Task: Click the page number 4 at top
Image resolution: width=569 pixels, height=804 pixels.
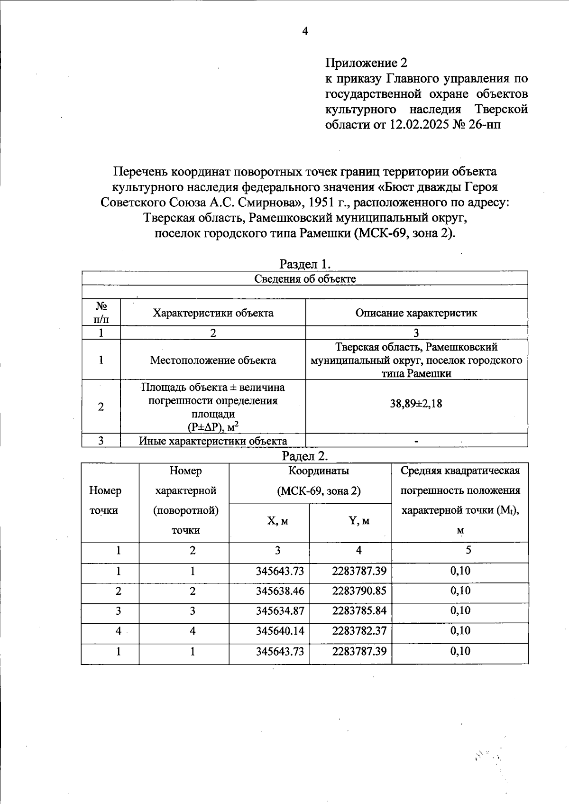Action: click(305, 31)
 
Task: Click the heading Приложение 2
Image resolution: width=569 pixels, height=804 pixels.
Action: click(366, 63)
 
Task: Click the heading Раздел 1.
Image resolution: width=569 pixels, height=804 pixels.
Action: click(304, 264)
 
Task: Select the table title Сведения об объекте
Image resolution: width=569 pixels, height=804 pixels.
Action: click(305, 278)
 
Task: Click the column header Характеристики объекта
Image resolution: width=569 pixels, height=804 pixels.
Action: click(213, 313)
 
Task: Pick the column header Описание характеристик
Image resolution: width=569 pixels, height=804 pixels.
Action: click(416, 313)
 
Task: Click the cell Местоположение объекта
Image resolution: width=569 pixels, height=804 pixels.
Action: click(213, 360)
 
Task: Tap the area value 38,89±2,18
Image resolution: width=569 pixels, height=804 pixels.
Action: click(416, 404)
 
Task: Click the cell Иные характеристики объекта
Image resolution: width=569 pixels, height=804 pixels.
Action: click(213, 441)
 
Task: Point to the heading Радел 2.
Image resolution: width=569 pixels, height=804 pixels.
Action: click(305, 456)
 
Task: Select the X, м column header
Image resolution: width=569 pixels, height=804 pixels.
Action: click(277, 521)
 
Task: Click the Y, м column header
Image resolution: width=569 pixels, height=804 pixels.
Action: click(359, 521)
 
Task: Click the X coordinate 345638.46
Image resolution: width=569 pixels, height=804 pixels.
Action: click(280, 591)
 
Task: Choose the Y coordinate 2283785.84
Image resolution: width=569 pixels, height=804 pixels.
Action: click(359, 611)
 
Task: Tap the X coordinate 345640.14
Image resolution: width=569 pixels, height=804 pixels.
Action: click(280, 631)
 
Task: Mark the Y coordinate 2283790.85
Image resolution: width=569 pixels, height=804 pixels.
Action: click(359, 591)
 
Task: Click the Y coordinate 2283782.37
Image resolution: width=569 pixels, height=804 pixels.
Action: click(359, 631)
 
